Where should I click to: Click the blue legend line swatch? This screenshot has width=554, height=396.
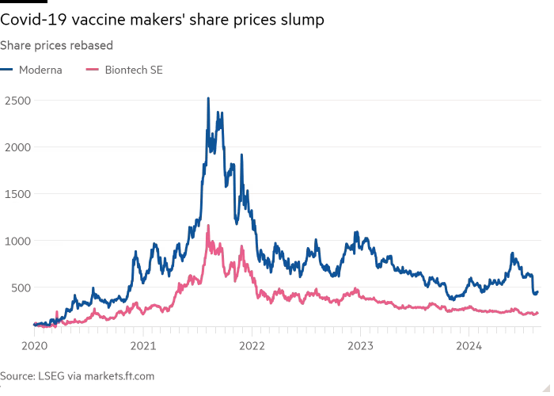(x=13, y=70)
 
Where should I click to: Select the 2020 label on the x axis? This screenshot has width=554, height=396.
(x=36, y=346)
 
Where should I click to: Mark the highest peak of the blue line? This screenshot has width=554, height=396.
(x=208, y=99)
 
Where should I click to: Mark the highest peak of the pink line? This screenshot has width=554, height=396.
(x=208, y=227)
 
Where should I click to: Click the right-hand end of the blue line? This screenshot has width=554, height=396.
(x=538, y=291)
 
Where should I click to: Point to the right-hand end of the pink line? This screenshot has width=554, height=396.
(x=538, y=313)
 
